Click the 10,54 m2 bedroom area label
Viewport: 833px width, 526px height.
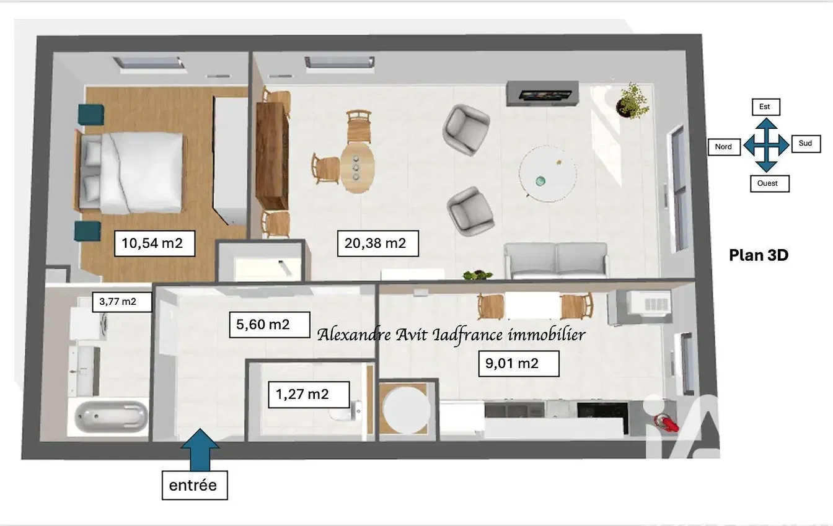click(x=154, y=243)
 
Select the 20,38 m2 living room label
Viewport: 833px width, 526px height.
click(x=378, y=243)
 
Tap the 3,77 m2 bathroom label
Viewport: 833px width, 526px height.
click(x=122, y=302)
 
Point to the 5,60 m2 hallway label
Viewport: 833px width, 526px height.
click(x=270, y=325)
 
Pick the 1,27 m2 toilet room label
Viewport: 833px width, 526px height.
click(x=309, y=395)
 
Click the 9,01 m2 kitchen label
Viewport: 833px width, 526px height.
click(x=519, y=364)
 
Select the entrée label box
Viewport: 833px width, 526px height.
click(x=195, y=486)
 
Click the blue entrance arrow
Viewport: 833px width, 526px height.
click(x=200, y=450)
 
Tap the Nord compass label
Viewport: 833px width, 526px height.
click(x=724, y=147)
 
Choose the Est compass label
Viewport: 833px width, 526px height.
click(x=765, y=107)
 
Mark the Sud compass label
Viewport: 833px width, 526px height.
click(x=806, y=144)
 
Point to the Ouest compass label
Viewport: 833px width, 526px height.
click(x=769, y=183)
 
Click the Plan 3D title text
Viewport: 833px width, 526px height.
click(x=759, y=255)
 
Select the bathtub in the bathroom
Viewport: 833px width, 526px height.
click(x=111, y=416)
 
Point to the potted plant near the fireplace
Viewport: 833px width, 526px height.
click(x=632, y=101)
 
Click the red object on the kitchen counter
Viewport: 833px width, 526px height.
click(x=668, y=423)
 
